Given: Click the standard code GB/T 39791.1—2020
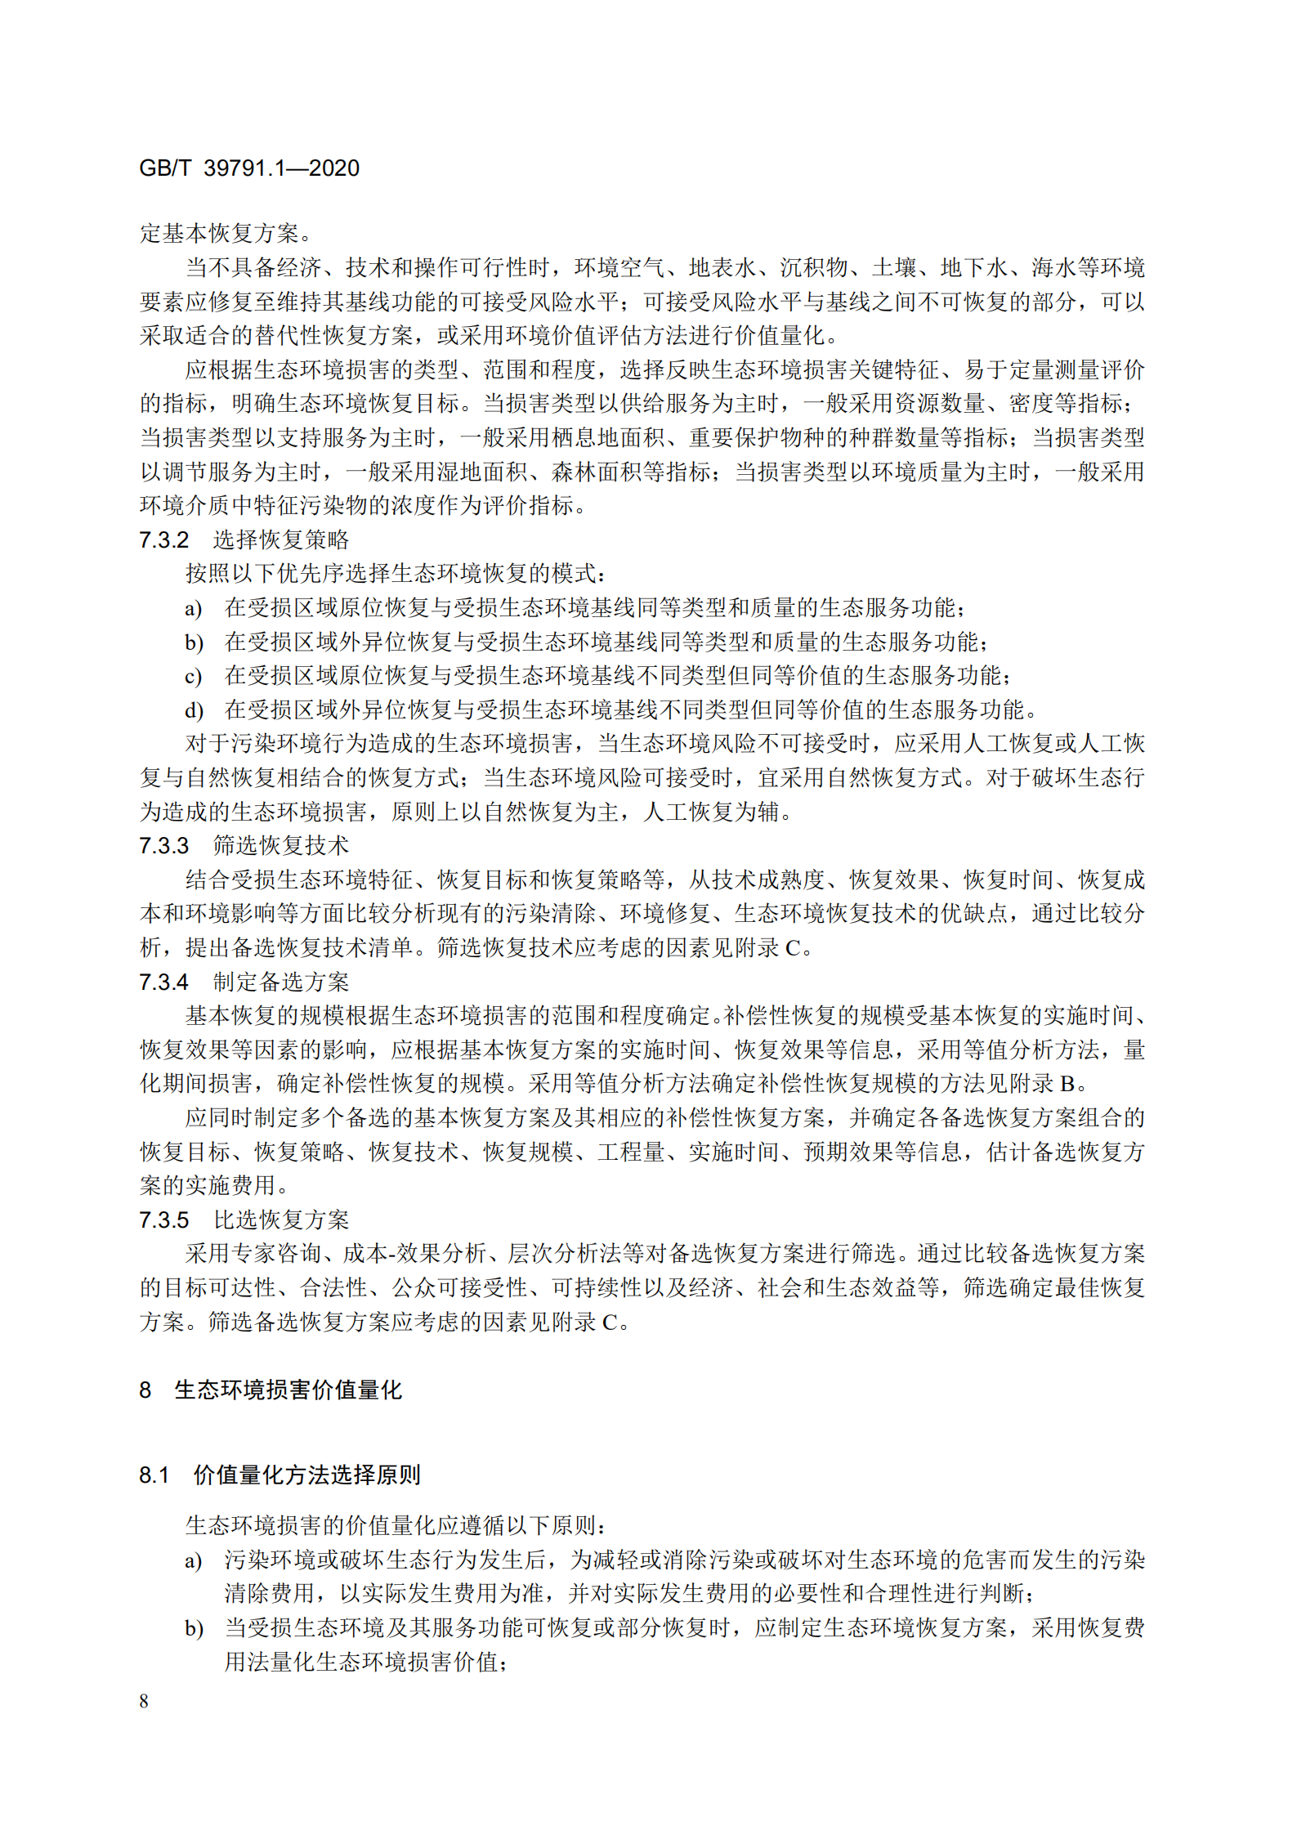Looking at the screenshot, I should [x=249, y=168].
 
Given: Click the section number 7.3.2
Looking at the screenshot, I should [x=163, y=540].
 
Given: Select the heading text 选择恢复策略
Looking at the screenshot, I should [x=281, y=540].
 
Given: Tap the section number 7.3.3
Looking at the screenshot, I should [x=163, y=846].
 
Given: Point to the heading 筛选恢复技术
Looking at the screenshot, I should [x=281, y=846].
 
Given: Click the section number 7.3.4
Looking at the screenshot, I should [x=163, y=982].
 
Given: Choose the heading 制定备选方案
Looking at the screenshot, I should [x=281, y=982].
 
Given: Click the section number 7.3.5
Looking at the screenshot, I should [x=163, y=1220].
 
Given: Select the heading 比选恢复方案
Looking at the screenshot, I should [x=281, y=1220].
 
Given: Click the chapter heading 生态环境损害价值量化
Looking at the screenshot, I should [x=288, y=1390].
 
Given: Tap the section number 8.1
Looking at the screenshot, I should [x=154, y=1475].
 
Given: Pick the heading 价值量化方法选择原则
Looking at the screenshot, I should [x=306, y=1475].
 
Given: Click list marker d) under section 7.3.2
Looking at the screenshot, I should [x=193, y=710].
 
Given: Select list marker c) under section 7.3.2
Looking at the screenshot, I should [x=193, y=677].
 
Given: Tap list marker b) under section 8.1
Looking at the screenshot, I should [x=193, y=1628].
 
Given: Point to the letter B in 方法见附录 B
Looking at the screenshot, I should [x=1067, y=1084].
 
